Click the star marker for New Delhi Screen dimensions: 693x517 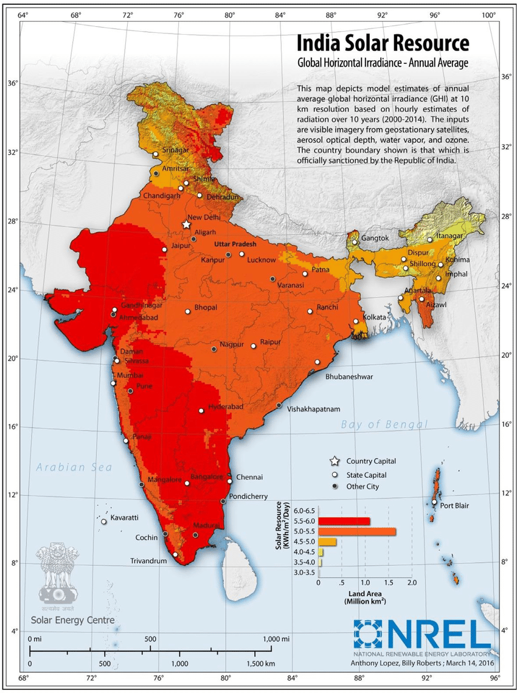pyautogui.click(x=186, y=225)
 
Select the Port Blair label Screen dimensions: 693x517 pyautogui.click(x=454, y=505)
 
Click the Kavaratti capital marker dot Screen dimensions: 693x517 pyautogui.click(x=104, y=522)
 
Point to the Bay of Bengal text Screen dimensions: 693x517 pyautogui.click(x=384, y=424)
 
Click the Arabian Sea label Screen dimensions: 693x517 pyautogui.click(x=74, y=467)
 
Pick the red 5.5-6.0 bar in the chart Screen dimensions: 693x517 pyautogui.click(x=344, y=521)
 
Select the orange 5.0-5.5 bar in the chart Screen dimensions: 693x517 pyautogui.click(x=357, y=531)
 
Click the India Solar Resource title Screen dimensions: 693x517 pyautogui.click(x=383, y=44)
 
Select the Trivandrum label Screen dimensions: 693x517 pyautogui.click(x=148, y=561)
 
